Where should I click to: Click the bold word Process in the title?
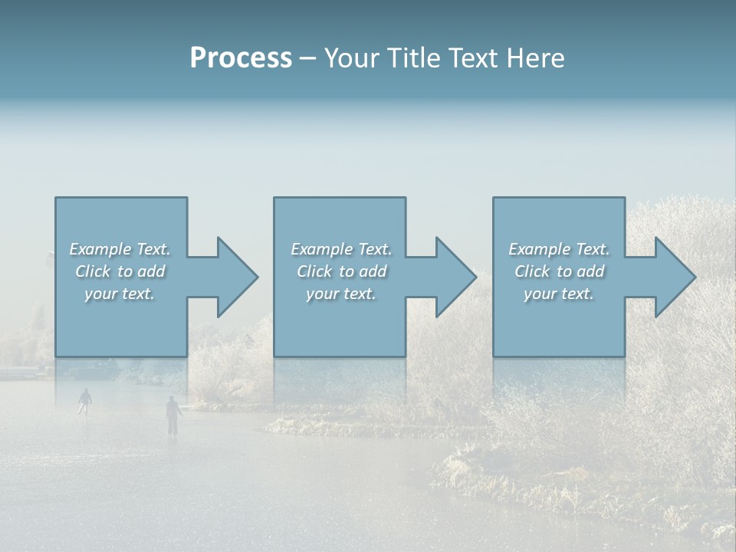coord(241,58)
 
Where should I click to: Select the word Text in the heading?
coord(477,58)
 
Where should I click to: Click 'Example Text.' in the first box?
coord(120,249)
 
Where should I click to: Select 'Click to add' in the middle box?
coord(341,271)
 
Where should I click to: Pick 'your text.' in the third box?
coord(559,294)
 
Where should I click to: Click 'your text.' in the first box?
coord(120,294)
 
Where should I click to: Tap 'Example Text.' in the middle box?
coord(341,249)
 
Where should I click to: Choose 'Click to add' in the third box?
coord(559,271)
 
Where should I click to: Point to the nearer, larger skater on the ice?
coord(173,415)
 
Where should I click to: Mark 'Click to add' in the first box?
coord(120,271)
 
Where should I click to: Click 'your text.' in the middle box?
coord(341,294)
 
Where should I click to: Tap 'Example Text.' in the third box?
coord(559,249)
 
